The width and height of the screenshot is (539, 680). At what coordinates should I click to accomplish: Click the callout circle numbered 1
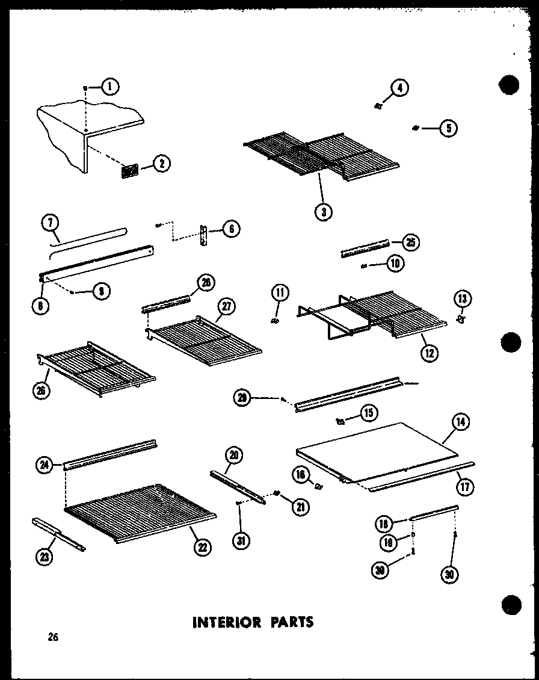click(110, 87)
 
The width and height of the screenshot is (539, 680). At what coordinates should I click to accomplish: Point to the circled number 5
click(449, 128)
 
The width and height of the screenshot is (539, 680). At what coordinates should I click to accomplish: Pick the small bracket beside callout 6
click(206, 235)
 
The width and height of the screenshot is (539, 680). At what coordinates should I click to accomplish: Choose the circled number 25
click(411, 243)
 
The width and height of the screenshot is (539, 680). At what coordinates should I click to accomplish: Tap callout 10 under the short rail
click(395, 263)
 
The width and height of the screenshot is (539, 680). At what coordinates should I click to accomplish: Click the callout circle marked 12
click(429, 353)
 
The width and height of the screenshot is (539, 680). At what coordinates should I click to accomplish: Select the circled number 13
click(464, 299)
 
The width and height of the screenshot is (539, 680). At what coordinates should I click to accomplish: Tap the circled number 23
click(43, 557)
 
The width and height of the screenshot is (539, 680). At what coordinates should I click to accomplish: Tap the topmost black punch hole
click(508, 85)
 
